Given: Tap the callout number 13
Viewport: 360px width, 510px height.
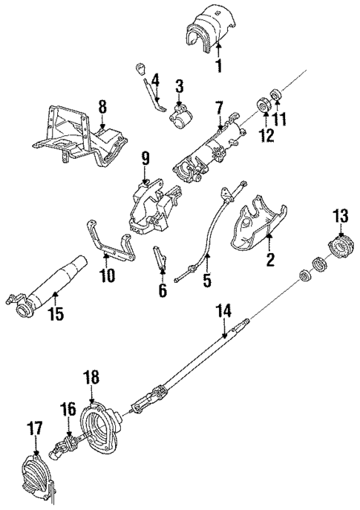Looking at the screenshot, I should (340, 217).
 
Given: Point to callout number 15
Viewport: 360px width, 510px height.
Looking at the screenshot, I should (55, 314).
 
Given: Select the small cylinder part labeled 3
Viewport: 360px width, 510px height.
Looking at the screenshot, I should (181, 115).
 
